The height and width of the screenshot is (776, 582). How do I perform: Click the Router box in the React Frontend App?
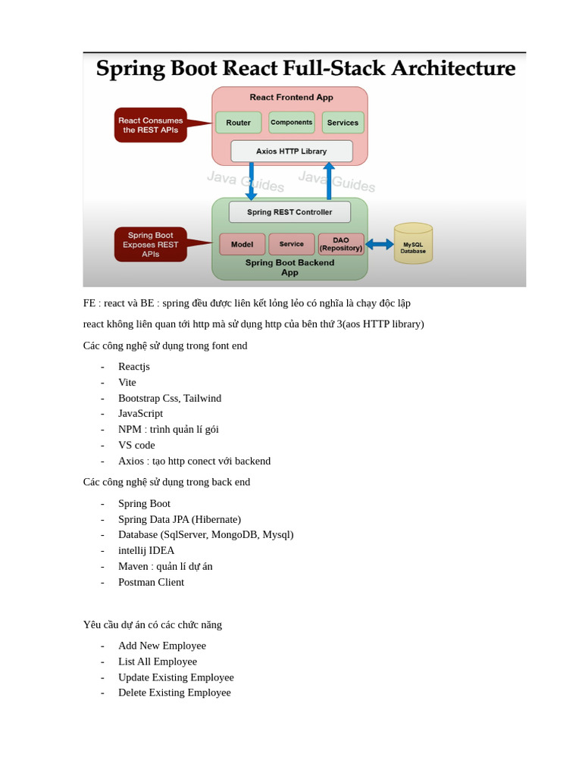[238, 123]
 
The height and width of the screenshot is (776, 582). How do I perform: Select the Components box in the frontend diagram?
[292, 123]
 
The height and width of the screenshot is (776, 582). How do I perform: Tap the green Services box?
[343, 123]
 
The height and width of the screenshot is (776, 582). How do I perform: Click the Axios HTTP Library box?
[292, 151]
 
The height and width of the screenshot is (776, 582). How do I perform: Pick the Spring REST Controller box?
[289, 212]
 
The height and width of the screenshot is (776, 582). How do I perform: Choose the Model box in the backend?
[242, 244]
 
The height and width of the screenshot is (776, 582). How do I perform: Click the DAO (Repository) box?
[341, 244]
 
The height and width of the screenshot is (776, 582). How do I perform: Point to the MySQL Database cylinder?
[413, 244]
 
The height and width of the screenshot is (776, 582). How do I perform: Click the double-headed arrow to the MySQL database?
[380, 244]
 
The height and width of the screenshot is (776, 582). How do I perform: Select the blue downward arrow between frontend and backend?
[252, 182]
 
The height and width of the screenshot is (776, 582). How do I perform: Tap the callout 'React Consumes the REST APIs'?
[151, 125]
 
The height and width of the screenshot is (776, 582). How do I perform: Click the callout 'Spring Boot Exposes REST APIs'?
[151, 244]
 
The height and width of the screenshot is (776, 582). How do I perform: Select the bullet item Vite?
[127, 383]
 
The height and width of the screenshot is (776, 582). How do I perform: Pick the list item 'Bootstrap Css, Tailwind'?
[170, 398]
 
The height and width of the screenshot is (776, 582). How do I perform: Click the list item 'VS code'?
[136, 445]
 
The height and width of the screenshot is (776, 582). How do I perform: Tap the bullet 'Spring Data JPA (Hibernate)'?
[180, 519]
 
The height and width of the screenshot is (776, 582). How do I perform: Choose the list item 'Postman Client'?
[151, 582]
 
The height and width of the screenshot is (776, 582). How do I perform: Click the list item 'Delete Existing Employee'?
[174, 693]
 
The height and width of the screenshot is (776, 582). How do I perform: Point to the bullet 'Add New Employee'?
[162, 646]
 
